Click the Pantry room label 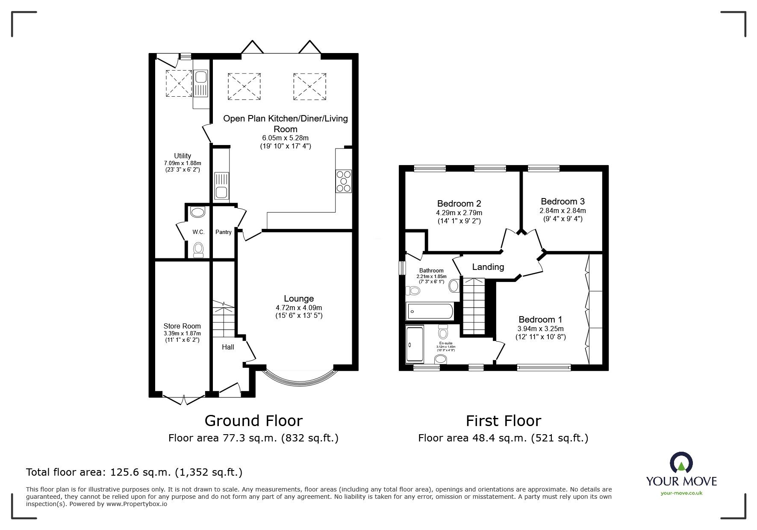(223, 232)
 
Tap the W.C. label (198, 232)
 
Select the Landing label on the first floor (488, 267)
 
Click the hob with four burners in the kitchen (344, 181)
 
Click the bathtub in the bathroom (430, 311)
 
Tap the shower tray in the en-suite (414, 344)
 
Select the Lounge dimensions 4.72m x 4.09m (299, 308)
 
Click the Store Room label (182, 326)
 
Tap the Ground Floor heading (253, 420)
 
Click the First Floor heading (503, 420)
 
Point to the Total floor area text (134, 472)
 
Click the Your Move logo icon (681, 463)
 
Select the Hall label (228, 347)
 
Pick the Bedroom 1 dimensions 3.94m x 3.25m (540, 329)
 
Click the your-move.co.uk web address (681, 493)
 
